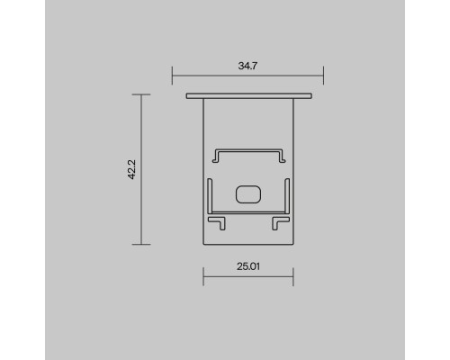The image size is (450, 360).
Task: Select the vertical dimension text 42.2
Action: [x=131, y=169]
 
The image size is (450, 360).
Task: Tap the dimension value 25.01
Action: [x=247, y=266]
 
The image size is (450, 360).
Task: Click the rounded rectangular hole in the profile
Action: [x=247, y=193]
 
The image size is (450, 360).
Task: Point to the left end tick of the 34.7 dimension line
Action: [x=172, y=76]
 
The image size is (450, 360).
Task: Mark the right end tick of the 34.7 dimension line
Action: [x=323, y=76]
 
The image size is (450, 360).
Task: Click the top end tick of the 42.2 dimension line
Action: [x=141, y=94]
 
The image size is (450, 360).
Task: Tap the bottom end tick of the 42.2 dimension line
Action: [x=141, y=243]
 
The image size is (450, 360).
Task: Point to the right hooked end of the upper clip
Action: [x=281, y=157]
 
